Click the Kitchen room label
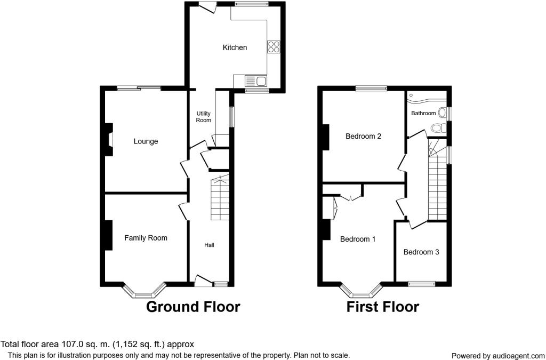pyautogui.click(x=235, y=47)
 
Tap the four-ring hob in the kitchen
pyautogui.click(x=274, y=47)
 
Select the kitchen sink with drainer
pyautogui.click(x=255, y=81)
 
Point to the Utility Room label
pyautogui.click(x=203, y=117)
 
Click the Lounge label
pyautogui.click(x=146, y=141)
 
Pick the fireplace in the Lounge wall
pyautogui.click(x=109, y=139)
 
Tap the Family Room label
pyautogui.click(x=146, y=238)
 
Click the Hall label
pyautogui.click(x=209, y=245)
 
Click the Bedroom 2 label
pyautogui.click(x=363, y=136)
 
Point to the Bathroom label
pyautogui.click(x=423, y=113)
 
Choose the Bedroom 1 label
pyautogui.click(x=358, y=239)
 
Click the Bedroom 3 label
pyautogui.click(x=421, y=252)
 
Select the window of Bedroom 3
pyautogui.click(x=421, y=284)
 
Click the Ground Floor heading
pyautogui.click(x=193, y=307)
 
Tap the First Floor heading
pyautogui.click(x=383, y=307)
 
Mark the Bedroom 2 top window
pyautogui.click(x=371, y=89)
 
